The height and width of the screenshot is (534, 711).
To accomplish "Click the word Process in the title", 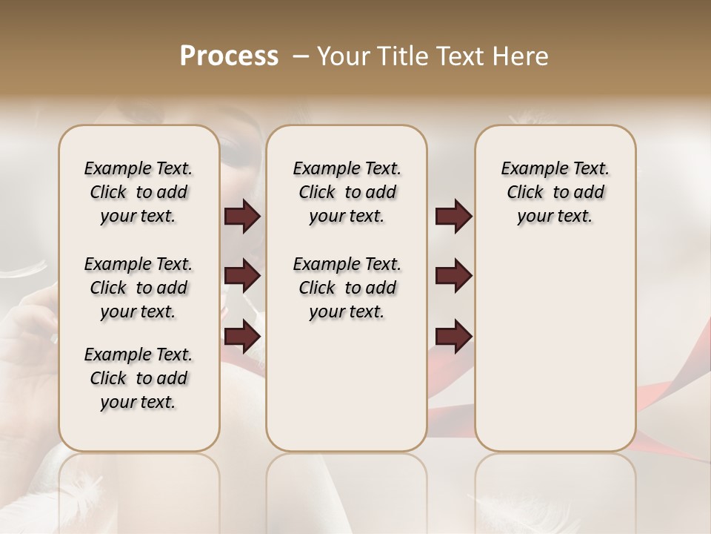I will tap(229, 56).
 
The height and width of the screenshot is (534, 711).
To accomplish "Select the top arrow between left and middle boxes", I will tap(242, 217).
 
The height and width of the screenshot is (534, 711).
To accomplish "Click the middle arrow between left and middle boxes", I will tap(242, 276).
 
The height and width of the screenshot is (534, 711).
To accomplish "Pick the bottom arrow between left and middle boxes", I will tap(242, 336).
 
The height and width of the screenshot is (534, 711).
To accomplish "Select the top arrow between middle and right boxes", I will tap(453, 217).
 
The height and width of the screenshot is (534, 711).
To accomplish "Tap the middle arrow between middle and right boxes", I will tap(453, 276).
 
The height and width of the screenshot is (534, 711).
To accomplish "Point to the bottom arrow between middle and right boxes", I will tap(453, 336).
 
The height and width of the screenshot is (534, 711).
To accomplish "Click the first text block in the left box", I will tap(138, 192).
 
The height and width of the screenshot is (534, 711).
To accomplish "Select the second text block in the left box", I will tap(138, 288).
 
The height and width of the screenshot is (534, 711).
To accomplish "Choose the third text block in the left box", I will tap(138, 378).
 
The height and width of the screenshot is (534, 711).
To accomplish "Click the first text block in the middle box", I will tap(347, 192).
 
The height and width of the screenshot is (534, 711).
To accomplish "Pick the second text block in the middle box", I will tap(347, 288).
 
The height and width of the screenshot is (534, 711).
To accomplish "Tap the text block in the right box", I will tap(555, 192).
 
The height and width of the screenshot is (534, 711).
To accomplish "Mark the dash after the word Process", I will tap(300, 56).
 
